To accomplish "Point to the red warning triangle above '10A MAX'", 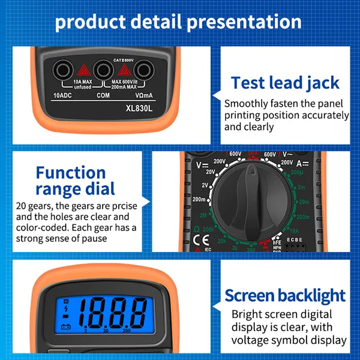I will [82, 71].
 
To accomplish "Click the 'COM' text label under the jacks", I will [103, 95].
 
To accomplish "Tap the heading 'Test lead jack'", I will [285, 82].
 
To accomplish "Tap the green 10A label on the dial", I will [293, 229].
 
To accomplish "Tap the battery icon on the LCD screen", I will [65, 328].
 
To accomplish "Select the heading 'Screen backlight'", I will [285, 295].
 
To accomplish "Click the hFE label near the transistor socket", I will [293, 242].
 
